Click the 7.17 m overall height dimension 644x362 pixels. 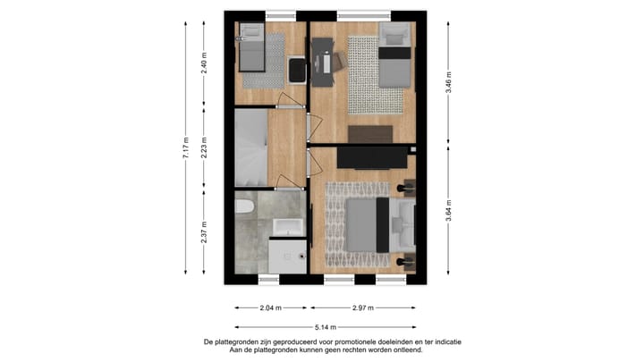pos(186,147)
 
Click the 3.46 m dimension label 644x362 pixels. pos(447,83)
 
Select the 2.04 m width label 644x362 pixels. pos(270,307)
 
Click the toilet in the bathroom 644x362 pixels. pos(244,207)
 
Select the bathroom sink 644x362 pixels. pos(290,226)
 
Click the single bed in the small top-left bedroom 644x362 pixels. pos(250,50)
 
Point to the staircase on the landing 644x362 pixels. pos(250,147)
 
